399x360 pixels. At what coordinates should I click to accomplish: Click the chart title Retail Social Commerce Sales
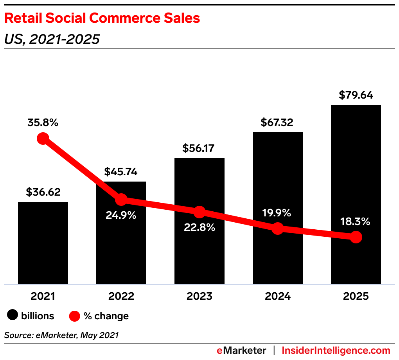102,18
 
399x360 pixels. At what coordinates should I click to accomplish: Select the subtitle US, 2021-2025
52,39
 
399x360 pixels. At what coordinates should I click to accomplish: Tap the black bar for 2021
43,243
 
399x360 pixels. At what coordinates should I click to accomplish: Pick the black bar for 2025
356,176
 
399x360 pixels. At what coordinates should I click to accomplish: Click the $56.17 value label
199,148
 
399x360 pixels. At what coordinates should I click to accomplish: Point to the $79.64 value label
356,95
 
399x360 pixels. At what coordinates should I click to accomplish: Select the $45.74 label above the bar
121,172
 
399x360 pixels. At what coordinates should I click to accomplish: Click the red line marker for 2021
43,139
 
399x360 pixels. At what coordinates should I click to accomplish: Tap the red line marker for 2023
199,212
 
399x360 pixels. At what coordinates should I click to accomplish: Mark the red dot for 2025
356,237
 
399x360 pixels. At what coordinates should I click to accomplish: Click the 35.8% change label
43,122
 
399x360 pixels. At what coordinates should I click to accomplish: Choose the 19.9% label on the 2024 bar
277,213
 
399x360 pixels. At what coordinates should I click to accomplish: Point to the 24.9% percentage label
121,215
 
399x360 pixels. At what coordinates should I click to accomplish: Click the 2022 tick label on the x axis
121,296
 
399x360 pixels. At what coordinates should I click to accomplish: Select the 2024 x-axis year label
277,296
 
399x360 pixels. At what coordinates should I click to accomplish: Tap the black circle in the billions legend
13,315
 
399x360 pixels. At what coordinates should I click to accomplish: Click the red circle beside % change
75,315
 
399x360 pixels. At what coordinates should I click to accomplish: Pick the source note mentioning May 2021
61,335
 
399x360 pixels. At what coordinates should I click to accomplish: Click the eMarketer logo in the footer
241,350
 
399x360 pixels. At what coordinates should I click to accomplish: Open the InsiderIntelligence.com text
336,350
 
